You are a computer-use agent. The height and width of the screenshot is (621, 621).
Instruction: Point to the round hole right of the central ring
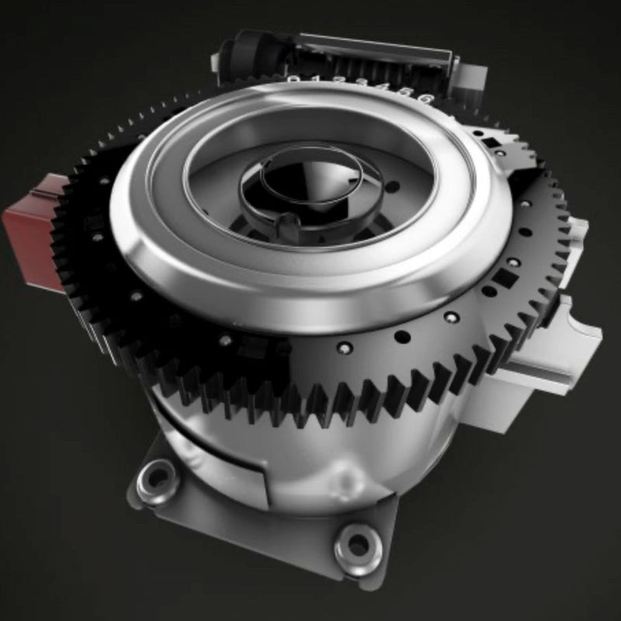click(x=394, y=186)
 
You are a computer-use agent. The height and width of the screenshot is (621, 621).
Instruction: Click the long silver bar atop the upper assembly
click(x=373, y=47)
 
